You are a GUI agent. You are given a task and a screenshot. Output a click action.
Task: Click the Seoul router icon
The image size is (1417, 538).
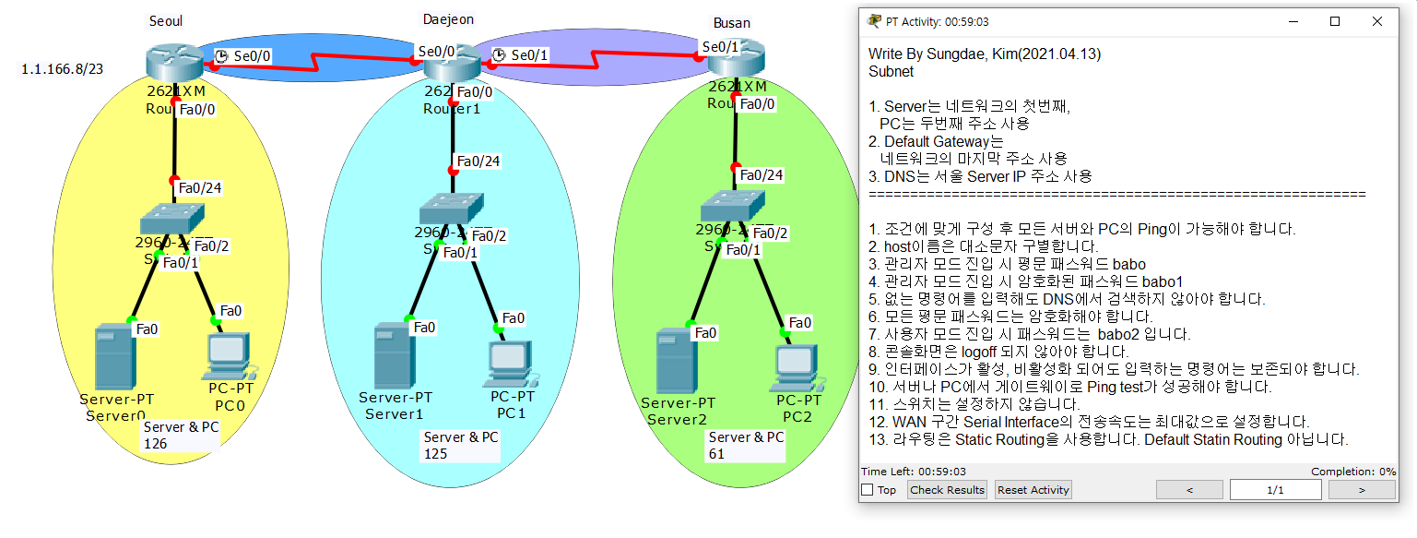tap(174, 62)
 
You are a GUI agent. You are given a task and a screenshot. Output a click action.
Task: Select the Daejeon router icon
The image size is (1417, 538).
tap(452, 63)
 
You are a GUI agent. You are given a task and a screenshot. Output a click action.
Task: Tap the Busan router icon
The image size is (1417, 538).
tap(737, 59)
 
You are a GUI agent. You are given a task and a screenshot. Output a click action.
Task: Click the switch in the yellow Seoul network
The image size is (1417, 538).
tap(173, 218)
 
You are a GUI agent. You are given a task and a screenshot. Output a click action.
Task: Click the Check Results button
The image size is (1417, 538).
tap(947, 490)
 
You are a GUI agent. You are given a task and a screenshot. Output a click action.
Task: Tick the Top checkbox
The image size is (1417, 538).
tap(868, 490)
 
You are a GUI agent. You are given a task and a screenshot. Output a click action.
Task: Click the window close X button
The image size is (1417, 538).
tap(1377, 21)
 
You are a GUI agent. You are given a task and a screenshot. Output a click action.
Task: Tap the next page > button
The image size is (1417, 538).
tap(1360, 490)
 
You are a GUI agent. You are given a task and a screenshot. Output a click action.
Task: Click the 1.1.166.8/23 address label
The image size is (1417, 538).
tap(63, 69)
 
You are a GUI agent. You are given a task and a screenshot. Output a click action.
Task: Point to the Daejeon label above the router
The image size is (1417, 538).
tap(448, 19)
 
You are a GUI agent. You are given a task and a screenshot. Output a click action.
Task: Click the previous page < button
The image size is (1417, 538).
tap(1189, 490)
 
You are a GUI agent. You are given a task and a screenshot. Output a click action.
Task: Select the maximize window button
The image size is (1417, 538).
tap(1334, 21)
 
